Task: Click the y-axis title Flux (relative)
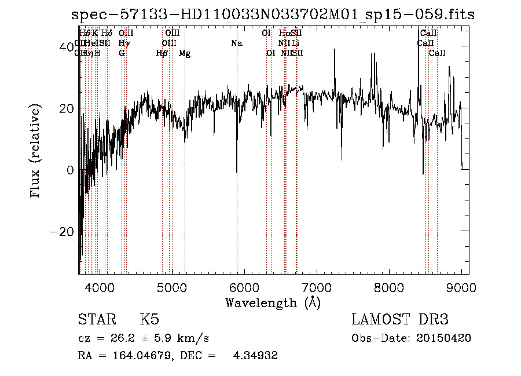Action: pos(36,151)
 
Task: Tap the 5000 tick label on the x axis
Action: pos(172,287)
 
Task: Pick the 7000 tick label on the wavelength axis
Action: pos(317,287)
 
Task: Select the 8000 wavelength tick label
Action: pos(389,287)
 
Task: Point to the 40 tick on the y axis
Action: pos(67,46)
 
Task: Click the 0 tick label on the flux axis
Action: pos(70,170)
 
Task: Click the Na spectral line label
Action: pos(236,43)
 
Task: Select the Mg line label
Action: pos(185,53)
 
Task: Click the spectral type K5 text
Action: pos(149,320)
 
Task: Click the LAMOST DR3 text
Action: pos(400,320)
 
